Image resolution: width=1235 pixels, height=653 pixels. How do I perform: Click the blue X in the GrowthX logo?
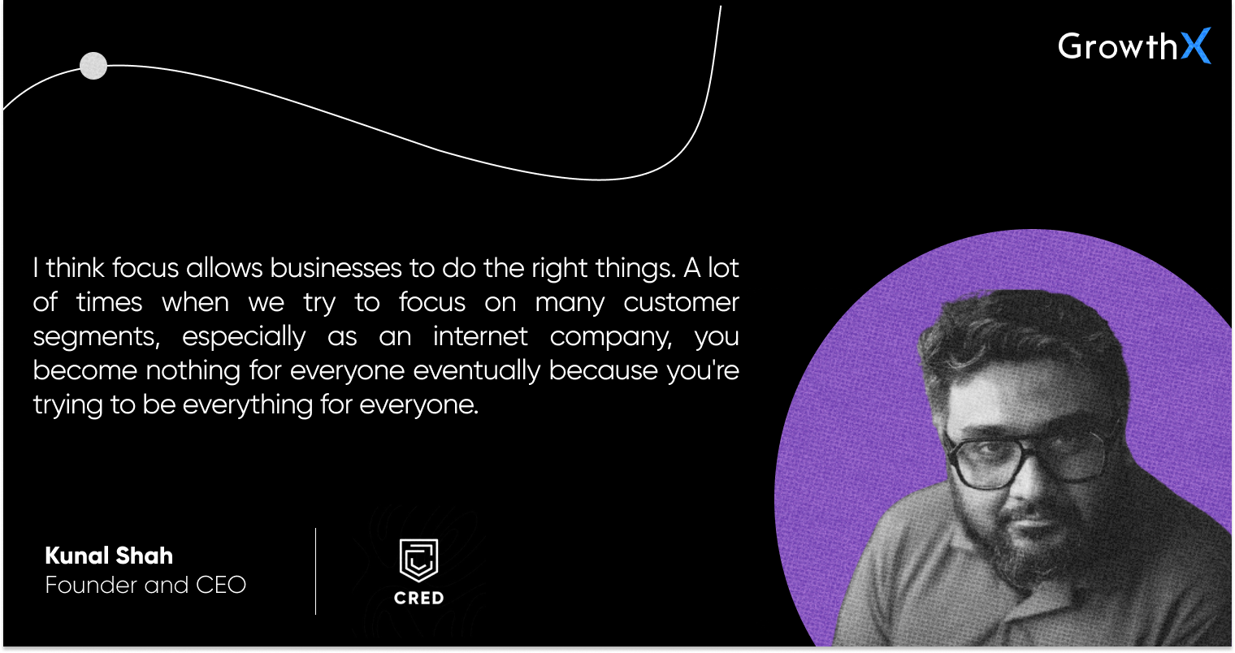pyautogui.click(x=1195, y=45)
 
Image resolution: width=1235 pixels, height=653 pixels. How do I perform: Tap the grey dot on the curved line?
pyautogui.click(x=93, y=66)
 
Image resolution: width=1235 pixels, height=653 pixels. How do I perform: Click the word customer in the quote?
pyautogui.click(x=681, y=302)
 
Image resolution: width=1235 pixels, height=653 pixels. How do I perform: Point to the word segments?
pyautogui.click(x=96, y=338)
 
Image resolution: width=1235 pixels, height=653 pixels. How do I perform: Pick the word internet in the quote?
pyautogui.click(x=480, y=336)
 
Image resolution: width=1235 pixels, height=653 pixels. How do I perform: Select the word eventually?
pyautogui.click(x=476, y=371)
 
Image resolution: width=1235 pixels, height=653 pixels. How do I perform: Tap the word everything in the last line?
pyautogui.click(x=248, y=405)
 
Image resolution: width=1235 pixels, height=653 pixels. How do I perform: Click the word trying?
pyautogui.click(x=67, y=406)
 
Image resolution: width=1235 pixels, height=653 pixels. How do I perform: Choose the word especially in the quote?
pyautogui.click(x=244, y=337)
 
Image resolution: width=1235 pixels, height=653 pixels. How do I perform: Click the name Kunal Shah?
pyautogui.click(x=109, y=556)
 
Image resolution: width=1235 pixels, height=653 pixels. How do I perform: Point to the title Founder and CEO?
pyautogui.click(x=145, y=585)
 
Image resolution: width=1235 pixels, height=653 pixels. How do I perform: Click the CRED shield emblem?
pyautogui.click(x=419, y=560)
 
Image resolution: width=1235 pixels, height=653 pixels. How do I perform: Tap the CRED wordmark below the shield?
pyautogui.click(x=419, y=598)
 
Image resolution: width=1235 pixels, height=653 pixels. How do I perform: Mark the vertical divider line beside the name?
pyautogui.click(x=316, y=571)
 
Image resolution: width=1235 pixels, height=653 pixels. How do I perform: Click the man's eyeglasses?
pyautogui.click(x=1023, y=457)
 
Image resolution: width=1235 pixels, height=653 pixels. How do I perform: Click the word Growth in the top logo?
pyautogui.click(x=1117, y=45)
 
